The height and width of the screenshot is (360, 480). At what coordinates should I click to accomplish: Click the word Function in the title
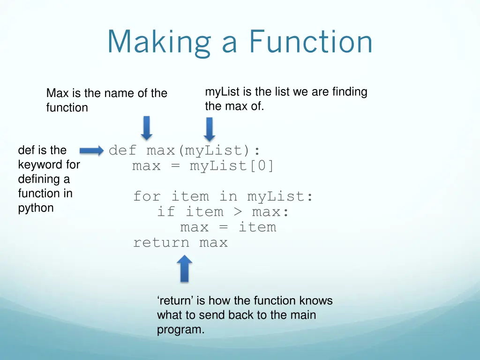[311, 42]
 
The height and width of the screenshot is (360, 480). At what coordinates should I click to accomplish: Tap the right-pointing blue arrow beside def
[92, 150]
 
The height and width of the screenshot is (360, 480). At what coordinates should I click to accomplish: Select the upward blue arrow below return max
[185, 268]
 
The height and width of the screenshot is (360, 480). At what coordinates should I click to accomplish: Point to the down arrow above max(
[147, 127]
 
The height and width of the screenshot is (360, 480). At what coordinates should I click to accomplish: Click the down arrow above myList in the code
[209, 128]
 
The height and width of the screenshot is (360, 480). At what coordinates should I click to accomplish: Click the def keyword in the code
[123, 150]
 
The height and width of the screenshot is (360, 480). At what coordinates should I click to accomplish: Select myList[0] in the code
[232, 166]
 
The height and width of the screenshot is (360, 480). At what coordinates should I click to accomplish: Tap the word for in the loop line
[147, 196]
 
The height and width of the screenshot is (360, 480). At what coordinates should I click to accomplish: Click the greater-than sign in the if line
[238, 211]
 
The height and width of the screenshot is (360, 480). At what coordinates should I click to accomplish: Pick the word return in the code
[161, 242]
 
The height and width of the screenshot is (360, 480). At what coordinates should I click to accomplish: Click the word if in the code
[166, 211]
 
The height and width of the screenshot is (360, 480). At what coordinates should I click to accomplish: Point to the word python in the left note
[36, 208]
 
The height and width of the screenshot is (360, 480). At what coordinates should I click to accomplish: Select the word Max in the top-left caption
[57, 93]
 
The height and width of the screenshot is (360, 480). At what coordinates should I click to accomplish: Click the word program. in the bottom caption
[180, 330]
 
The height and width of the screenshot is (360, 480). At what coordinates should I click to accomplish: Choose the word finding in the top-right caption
[349, 92]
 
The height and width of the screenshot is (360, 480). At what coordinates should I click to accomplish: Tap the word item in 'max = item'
[257, 227]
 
